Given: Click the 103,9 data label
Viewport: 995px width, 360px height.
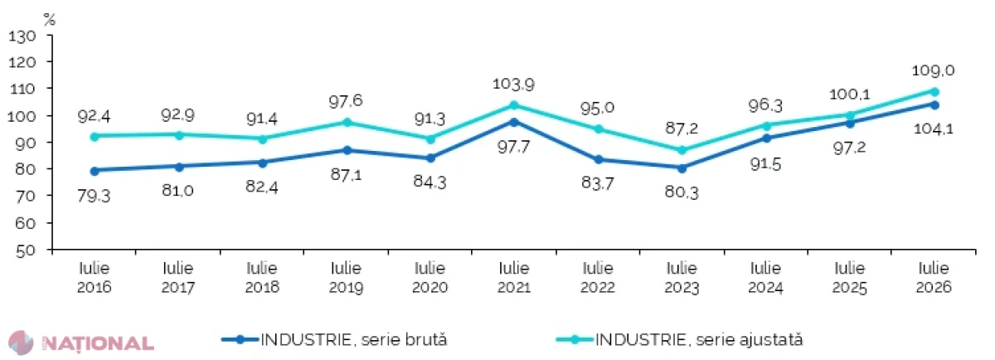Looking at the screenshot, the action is (x=513, y=84).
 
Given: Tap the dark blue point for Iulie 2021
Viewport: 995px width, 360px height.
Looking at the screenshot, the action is (x=514, y=122).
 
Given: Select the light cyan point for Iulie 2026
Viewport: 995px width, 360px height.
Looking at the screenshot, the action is (x=934, y=92).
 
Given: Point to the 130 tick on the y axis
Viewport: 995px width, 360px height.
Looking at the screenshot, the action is (x=22, y=36).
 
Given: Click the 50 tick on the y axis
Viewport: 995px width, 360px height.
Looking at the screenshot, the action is (x=26, y=251).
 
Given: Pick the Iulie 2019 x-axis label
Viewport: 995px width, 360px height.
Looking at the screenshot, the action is (x=346, y=277).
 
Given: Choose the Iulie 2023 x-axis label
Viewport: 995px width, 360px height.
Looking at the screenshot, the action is (x=682, y=277).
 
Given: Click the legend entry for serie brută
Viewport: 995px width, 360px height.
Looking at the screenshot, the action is (x=334, y=340).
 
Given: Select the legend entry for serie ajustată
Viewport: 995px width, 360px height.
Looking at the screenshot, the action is (x=680, y=340).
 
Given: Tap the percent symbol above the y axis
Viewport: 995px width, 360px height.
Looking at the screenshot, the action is (x=49, y=19).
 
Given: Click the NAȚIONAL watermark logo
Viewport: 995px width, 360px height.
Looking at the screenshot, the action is (x=82, y=343).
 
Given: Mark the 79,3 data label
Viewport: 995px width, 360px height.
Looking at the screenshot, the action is (x=94, y=196).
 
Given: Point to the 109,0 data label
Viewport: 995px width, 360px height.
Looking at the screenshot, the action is (x=934, y=71).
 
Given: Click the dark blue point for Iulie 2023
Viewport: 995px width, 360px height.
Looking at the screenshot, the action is (x=682, y=168).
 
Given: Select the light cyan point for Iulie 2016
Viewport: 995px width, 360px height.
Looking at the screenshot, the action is (x=95, y=137).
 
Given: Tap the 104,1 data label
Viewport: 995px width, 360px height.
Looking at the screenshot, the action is (x=934, y=129).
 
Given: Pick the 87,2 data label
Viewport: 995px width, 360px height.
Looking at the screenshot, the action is (x=682, y=129).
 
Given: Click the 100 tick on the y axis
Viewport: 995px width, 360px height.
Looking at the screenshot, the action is (x=22, y=116).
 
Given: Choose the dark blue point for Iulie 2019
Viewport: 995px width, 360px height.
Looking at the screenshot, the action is (x=347, y=150).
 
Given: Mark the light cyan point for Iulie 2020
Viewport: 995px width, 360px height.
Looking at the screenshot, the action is (x=430, y=139).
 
